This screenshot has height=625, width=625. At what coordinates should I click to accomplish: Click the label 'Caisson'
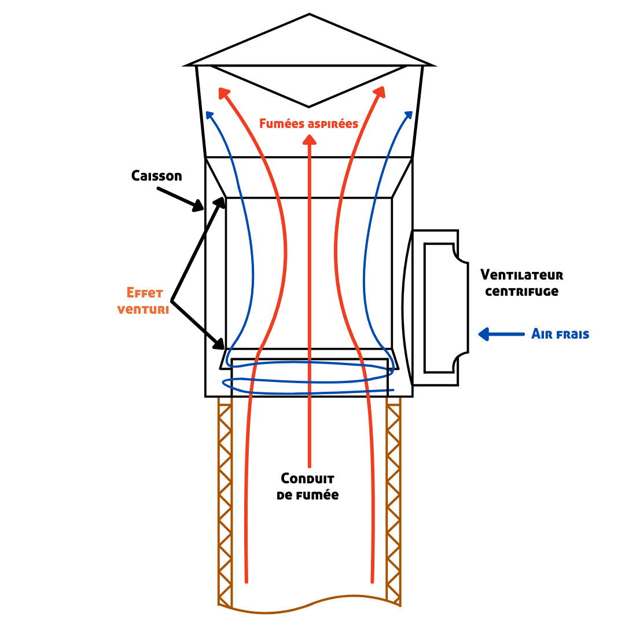[156, 175]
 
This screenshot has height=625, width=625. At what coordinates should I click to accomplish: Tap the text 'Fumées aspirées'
[308, 123]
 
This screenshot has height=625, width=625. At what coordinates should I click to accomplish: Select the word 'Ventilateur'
[521, 275]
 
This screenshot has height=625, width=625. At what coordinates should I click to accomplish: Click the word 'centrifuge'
[521, 291]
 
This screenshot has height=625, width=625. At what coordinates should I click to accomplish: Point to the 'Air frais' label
[560, 334]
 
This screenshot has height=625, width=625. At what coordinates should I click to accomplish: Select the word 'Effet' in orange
[144, 293]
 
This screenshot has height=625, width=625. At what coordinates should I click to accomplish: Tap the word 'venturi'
[143, 309]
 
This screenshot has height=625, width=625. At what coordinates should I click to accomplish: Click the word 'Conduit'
[307, 479]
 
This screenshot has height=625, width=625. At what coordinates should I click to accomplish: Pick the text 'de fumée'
[307, 495]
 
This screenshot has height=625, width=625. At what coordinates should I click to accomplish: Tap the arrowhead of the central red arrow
[310, 139]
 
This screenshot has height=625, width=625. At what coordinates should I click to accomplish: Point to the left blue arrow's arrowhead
[209, 115]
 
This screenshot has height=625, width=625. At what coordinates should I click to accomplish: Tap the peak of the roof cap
[310, 15]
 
